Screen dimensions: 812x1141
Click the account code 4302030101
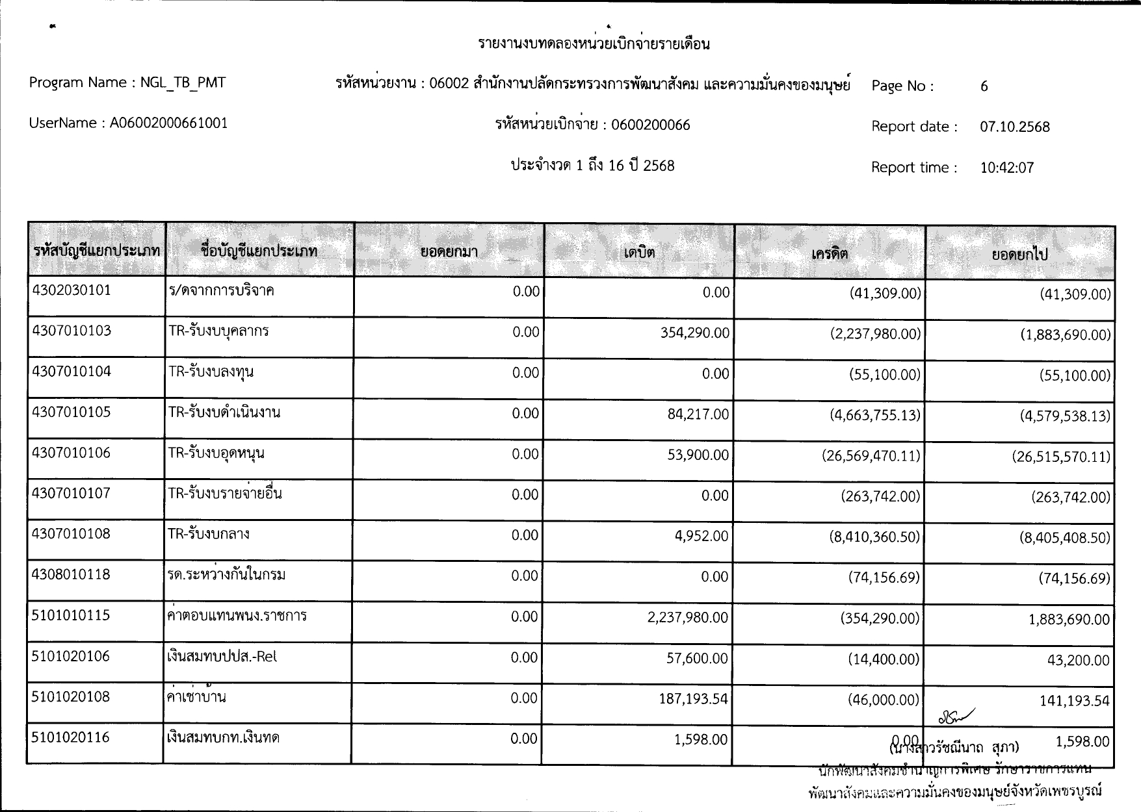[x=72, y=290]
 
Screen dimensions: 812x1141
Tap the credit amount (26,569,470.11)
[x=871, y=455]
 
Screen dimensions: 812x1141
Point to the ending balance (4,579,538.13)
[x=1064, y=416]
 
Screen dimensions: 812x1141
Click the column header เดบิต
[x=638, y=253]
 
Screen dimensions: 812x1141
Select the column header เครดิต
[x=830, y=253]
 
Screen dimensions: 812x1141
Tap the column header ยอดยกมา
[x=449, y=252]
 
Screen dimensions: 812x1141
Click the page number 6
[x=984, y=86]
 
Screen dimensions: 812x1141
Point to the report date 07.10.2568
[x=1014, y=127]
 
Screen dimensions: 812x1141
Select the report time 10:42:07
[x=1006, y=168]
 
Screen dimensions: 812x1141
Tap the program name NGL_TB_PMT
[x=183, y=82]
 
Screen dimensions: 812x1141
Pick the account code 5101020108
[x=71, y=697]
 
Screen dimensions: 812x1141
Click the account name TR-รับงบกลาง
[x=209, y=534]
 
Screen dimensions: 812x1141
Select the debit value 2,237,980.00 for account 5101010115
[x=687, y=617]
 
